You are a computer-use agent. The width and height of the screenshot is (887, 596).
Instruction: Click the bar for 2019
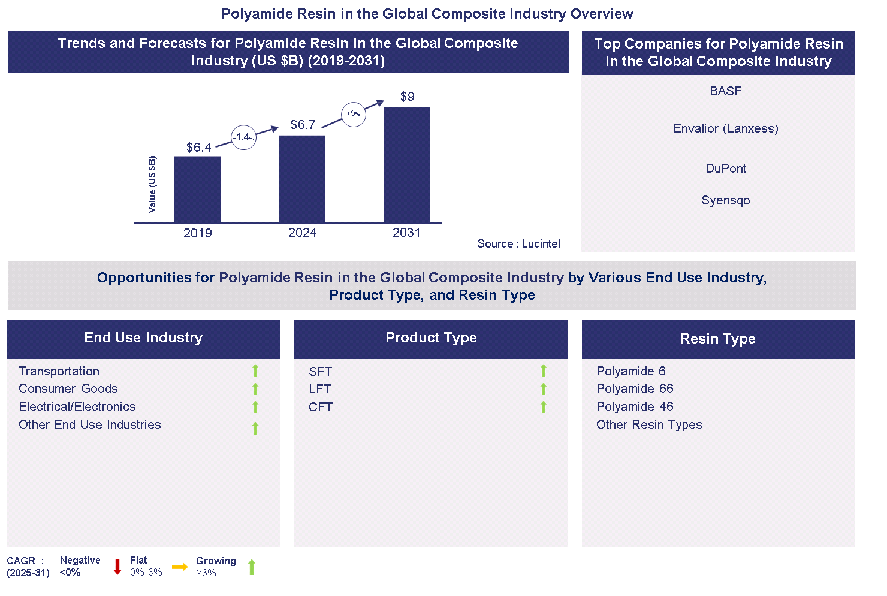(x=197, y=189)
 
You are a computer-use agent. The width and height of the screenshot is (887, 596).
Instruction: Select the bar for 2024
(x=302, y=179)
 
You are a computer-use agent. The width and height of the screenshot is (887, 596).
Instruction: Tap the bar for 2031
(x=406, y=165)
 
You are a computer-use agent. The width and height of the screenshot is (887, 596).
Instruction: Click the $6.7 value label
(x=303, y=125)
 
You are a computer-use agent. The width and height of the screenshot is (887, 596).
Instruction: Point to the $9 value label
(x=408, y=97)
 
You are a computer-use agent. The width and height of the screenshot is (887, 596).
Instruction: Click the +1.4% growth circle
(x=243, y=137)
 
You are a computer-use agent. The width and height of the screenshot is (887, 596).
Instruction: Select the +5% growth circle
(x=354, y=113)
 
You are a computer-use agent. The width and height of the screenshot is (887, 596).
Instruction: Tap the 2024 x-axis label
(x=302, y=233)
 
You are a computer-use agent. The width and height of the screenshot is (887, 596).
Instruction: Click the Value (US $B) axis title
(x=152, y=184)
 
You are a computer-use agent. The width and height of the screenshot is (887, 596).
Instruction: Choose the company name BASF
(x=725, y=91)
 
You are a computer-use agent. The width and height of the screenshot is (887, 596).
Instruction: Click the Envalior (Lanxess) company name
(x=725, y=128)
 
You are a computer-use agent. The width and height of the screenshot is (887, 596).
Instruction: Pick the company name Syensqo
(x=725, y=200)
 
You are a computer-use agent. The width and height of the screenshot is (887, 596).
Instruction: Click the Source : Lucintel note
(x=518, y=244)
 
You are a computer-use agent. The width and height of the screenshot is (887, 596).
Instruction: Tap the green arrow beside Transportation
(x=255, y=371)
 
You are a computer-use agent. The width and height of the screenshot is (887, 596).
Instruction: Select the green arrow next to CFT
(x=544, y=407)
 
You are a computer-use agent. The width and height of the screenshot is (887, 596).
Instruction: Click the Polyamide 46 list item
(x=635, y=407)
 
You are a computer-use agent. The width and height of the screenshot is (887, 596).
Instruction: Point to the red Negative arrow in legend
(x=117, y=567)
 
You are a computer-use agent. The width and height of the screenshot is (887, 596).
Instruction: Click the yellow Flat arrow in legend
(x=180, y=567)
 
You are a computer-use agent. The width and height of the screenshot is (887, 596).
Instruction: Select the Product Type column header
(x=430, y=338)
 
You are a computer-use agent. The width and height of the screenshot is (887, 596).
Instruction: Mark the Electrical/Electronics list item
(x=77, y=407)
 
